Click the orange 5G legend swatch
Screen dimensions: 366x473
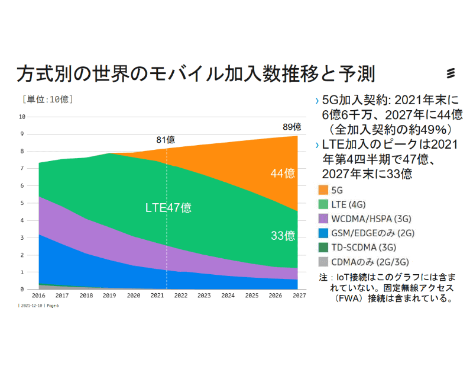point(323,190)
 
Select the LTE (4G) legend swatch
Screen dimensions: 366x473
point(323,204)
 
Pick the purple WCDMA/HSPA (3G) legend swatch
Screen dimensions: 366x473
point(323,219)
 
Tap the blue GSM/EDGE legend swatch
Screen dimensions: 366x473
point(323,233)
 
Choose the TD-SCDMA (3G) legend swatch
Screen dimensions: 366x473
point(323,247)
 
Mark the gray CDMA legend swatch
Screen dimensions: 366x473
point(323,261)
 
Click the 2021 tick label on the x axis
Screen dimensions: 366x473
point(157,296)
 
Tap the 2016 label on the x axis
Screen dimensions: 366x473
point(39,296)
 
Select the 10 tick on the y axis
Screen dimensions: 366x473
point(22,117)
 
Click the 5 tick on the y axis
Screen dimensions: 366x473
point(22,203)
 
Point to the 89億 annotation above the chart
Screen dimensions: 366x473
point(292,127)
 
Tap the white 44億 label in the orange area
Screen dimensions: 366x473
point(283,174)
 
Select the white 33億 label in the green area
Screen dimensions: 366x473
point(283,236)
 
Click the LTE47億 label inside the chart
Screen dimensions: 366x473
point(169,208)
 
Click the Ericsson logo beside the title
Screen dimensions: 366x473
point(451,73)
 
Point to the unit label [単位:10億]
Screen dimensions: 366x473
point(48,99)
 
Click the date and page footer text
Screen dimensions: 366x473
point(39,306)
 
